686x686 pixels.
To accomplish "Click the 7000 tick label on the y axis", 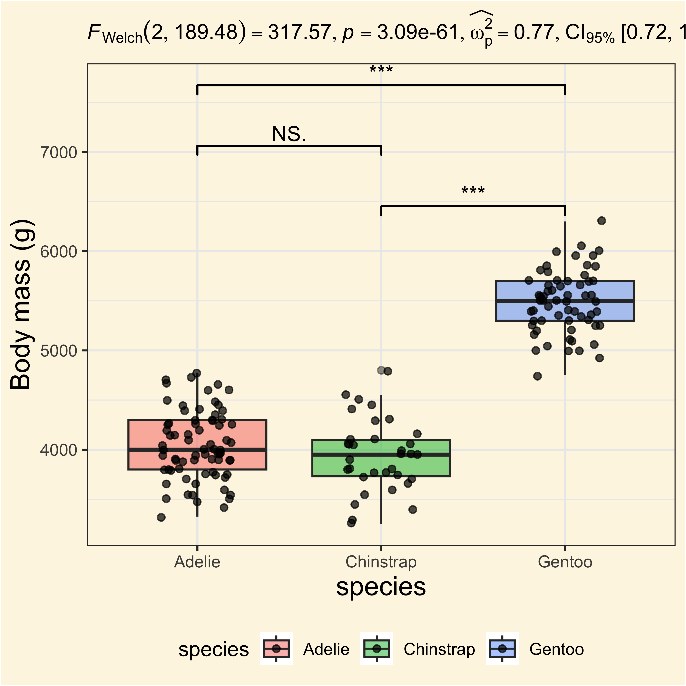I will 59,153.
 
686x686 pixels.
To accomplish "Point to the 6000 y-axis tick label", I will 59,252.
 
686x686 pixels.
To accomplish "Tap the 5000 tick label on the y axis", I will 59,351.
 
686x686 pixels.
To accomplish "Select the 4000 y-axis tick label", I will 59,450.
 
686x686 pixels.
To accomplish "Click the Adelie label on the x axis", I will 197,562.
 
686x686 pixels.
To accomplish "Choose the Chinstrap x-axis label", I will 381,562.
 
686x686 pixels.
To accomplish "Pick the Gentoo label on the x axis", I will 565,562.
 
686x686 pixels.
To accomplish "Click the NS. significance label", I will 289,134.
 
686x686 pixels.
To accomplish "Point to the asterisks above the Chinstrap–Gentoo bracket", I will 473,191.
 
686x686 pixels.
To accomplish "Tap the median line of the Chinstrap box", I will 381,454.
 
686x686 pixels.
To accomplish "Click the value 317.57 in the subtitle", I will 299,33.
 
